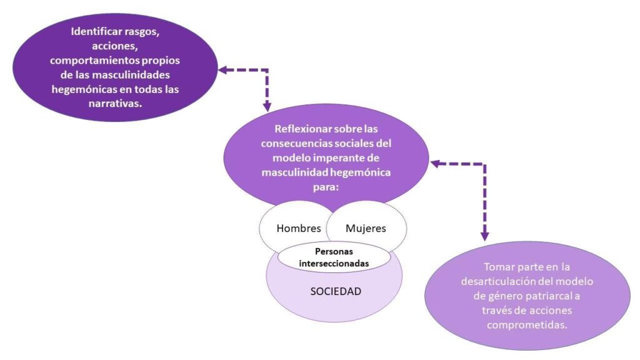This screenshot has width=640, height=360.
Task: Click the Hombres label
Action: (299, 228)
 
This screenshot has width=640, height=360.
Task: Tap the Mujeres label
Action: (366, 228)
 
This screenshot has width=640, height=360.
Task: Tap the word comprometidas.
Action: (527, 325)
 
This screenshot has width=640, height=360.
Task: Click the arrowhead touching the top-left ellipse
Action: (224, 70)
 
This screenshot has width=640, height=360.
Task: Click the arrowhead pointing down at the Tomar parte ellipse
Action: (484, 236)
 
